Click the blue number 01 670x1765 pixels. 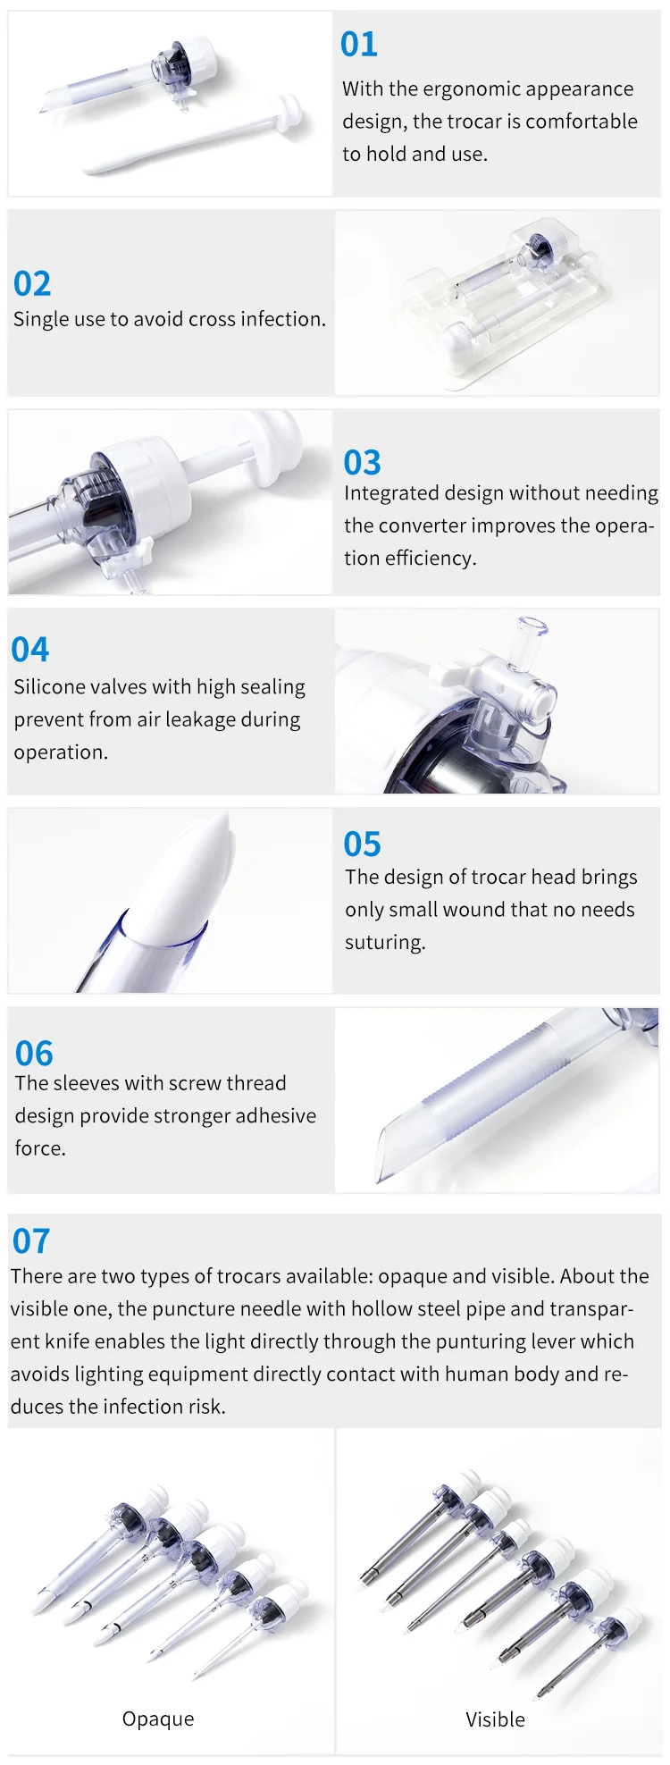[x=359, y=45]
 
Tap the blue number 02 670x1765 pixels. [x=32, y=284]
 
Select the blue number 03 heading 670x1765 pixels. [x=362, y=463]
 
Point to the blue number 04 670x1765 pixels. [x=30, y=650]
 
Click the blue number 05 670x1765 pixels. [x=362, y=845]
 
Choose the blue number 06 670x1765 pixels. [x=34, y=1054]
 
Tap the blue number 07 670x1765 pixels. [x=31, y=1241]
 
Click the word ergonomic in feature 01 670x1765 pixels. [x=473, y=89]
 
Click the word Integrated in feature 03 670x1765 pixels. [x=387, y=493]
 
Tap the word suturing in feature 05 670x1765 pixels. [x=385, y=943]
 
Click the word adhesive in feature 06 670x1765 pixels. [x=277, y=1116]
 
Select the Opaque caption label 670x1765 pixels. [x=158, y=1719]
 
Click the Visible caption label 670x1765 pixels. [x=495, y=1719]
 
